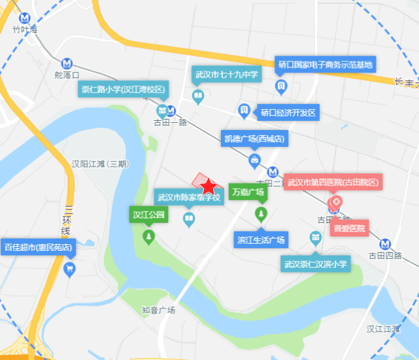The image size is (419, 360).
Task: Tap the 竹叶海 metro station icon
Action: click(25, 18)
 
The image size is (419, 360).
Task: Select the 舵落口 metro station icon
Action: click(67, 63)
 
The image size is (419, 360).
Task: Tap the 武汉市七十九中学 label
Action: click(227, 74)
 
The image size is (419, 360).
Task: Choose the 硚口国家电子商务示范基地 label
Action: click(325, 64)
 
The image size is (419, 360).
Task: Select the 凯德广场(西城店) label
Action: click(254, 139)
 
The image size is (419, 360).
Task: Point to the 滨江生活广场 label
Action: click(261, 240)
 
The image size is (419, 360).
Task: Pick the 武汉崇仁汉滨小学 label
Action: click(316, 265)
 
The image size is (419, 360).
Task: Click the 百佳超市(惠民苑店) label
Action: click(39, 248)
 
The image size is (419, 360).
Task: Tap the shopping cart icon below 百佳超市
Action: click(69, 269)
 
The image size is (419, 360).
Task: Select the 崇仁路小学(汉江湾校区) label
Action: click(124, 89)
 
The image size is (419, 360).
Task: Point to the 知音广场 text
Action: click(158, 310)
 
